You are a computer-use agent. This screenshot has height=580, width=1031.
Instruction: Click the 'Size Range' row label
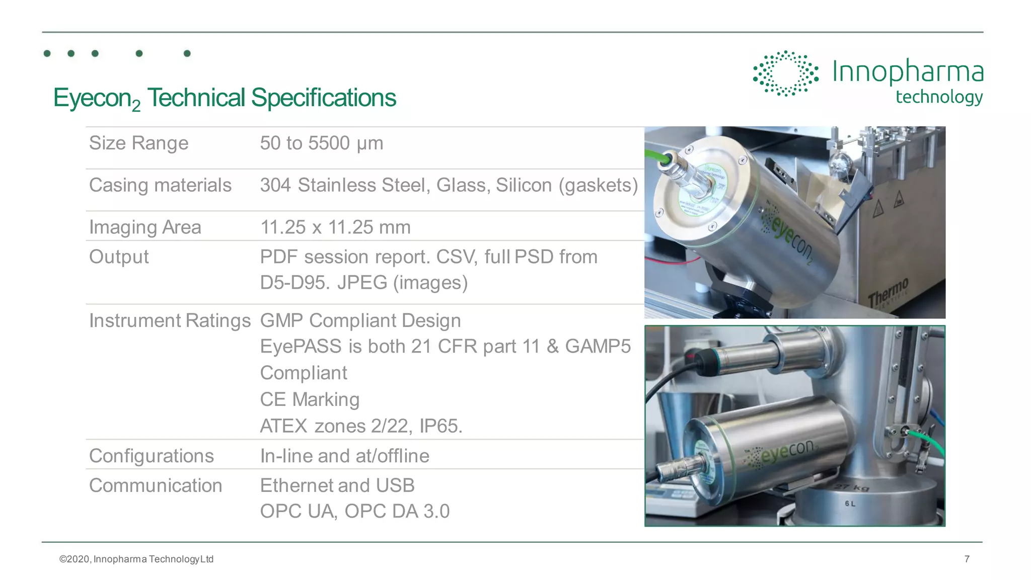pos(138,143)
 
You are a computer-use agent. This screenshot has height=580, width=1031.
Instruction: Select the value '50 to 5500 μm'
pos(321,143)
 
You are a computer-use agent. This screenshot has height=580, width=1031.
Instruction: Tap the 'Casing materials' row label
pos(160,186)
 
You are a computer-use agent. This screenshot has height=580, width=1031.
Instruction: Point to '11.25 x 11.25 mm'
pos(335,227)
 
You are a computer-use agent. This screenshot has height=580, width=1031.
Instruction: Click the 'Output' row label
pos(119,257)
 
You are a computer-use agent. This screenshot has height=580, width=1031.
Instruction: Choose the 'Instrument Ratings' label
pos(170,321)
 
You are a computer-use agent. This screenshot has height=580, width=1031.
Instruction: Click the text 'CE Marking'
pos(310,400)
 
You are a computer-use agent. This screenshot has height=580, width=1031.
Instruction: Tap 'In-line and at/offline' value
pos(344,456)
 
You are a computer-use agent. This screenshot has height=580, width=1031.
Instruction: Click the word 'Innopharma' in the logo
pos(908,72)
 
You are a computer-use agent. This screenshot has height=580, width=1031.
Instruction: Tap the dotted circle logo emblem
pos(785,73)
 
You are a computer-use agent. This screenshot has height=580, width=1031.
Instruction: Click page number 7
pos(967,559)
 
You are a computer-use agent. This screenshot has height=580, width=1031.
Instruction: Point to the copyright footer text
pos(136,559)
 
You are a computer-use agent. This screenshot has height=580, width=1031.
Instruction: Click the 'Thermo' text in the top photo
pos(889,292)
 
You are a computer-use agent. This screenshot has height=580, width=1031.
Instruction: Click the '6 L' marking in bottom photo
pos(850,504)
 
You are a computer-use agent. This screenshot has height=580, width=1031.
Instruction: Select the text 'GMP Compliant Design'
pos(360,321)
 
